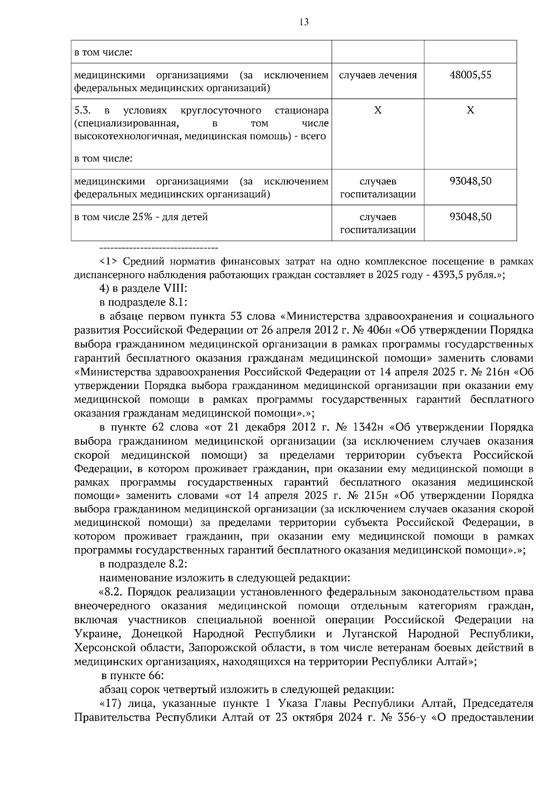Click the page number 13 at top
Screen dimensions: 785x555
pyautogui.click(x=304, y=22)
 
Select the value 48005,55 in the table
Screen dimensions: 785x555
pyautogui.click(x=470, y=75)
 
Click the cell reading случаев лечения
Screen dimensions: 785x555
pyautogui.click(x=378, y=75)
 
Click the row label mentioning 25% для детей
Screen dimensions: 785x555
pyautogui.click(x=141, y=217)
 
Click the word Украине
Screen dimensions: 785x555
pyautogui.click(x=97, y=633)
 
